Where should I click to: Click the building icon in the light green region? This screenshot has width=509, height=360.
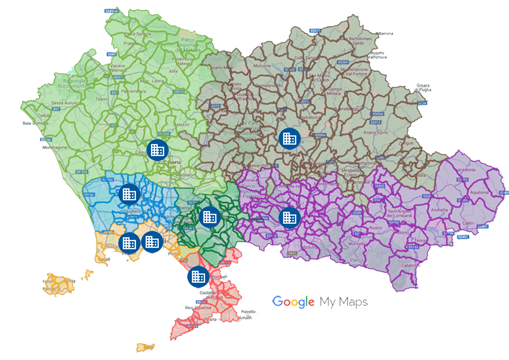point(156,149)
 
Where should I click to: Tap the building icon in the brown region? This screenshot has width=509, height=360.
point(289,138)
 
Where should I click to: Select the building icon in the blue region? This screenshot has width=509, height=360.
point(127,194)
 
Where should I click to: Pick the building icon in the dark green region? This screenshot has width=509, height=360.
point(209,217)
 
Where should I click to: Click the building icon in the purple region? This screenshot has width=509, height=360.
point(289,217)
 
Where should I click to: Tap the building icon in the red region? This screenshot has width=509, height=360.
point(197,275)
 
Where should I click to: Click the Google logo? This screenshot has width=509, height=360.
point(294,302)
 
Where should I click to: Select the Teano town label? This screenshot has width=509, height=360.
point(101,99)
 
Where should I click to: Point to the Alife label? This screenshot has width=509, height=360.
point(154,70)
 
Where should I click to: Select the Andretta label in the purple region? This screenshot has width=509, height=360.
point(439,210)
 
